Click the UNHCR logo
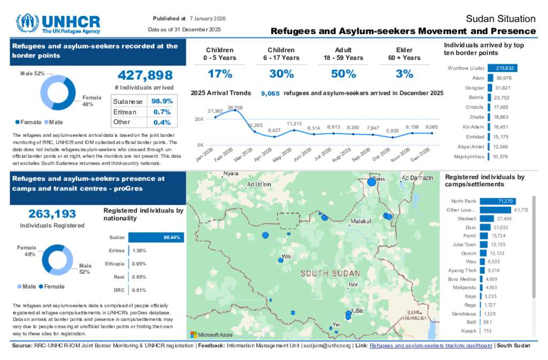(58, 24)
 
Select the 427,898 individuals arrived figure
(145, 75)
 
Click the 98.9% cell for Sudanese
(162, 101)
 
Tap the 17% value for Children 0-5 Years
(220, 74)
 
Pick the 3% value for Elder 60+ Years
(405, 74)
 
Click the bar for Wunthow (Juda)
(503, 68)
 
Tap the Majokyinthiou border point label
(466, 156)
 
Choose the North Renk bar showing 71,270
(497, 201)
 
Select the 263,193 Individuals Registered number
(52, 214)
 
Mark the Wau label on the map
(288, 257)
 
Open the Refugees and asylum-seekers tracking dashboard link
(431, 346)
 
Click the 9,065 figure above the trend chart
(270, 93)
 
